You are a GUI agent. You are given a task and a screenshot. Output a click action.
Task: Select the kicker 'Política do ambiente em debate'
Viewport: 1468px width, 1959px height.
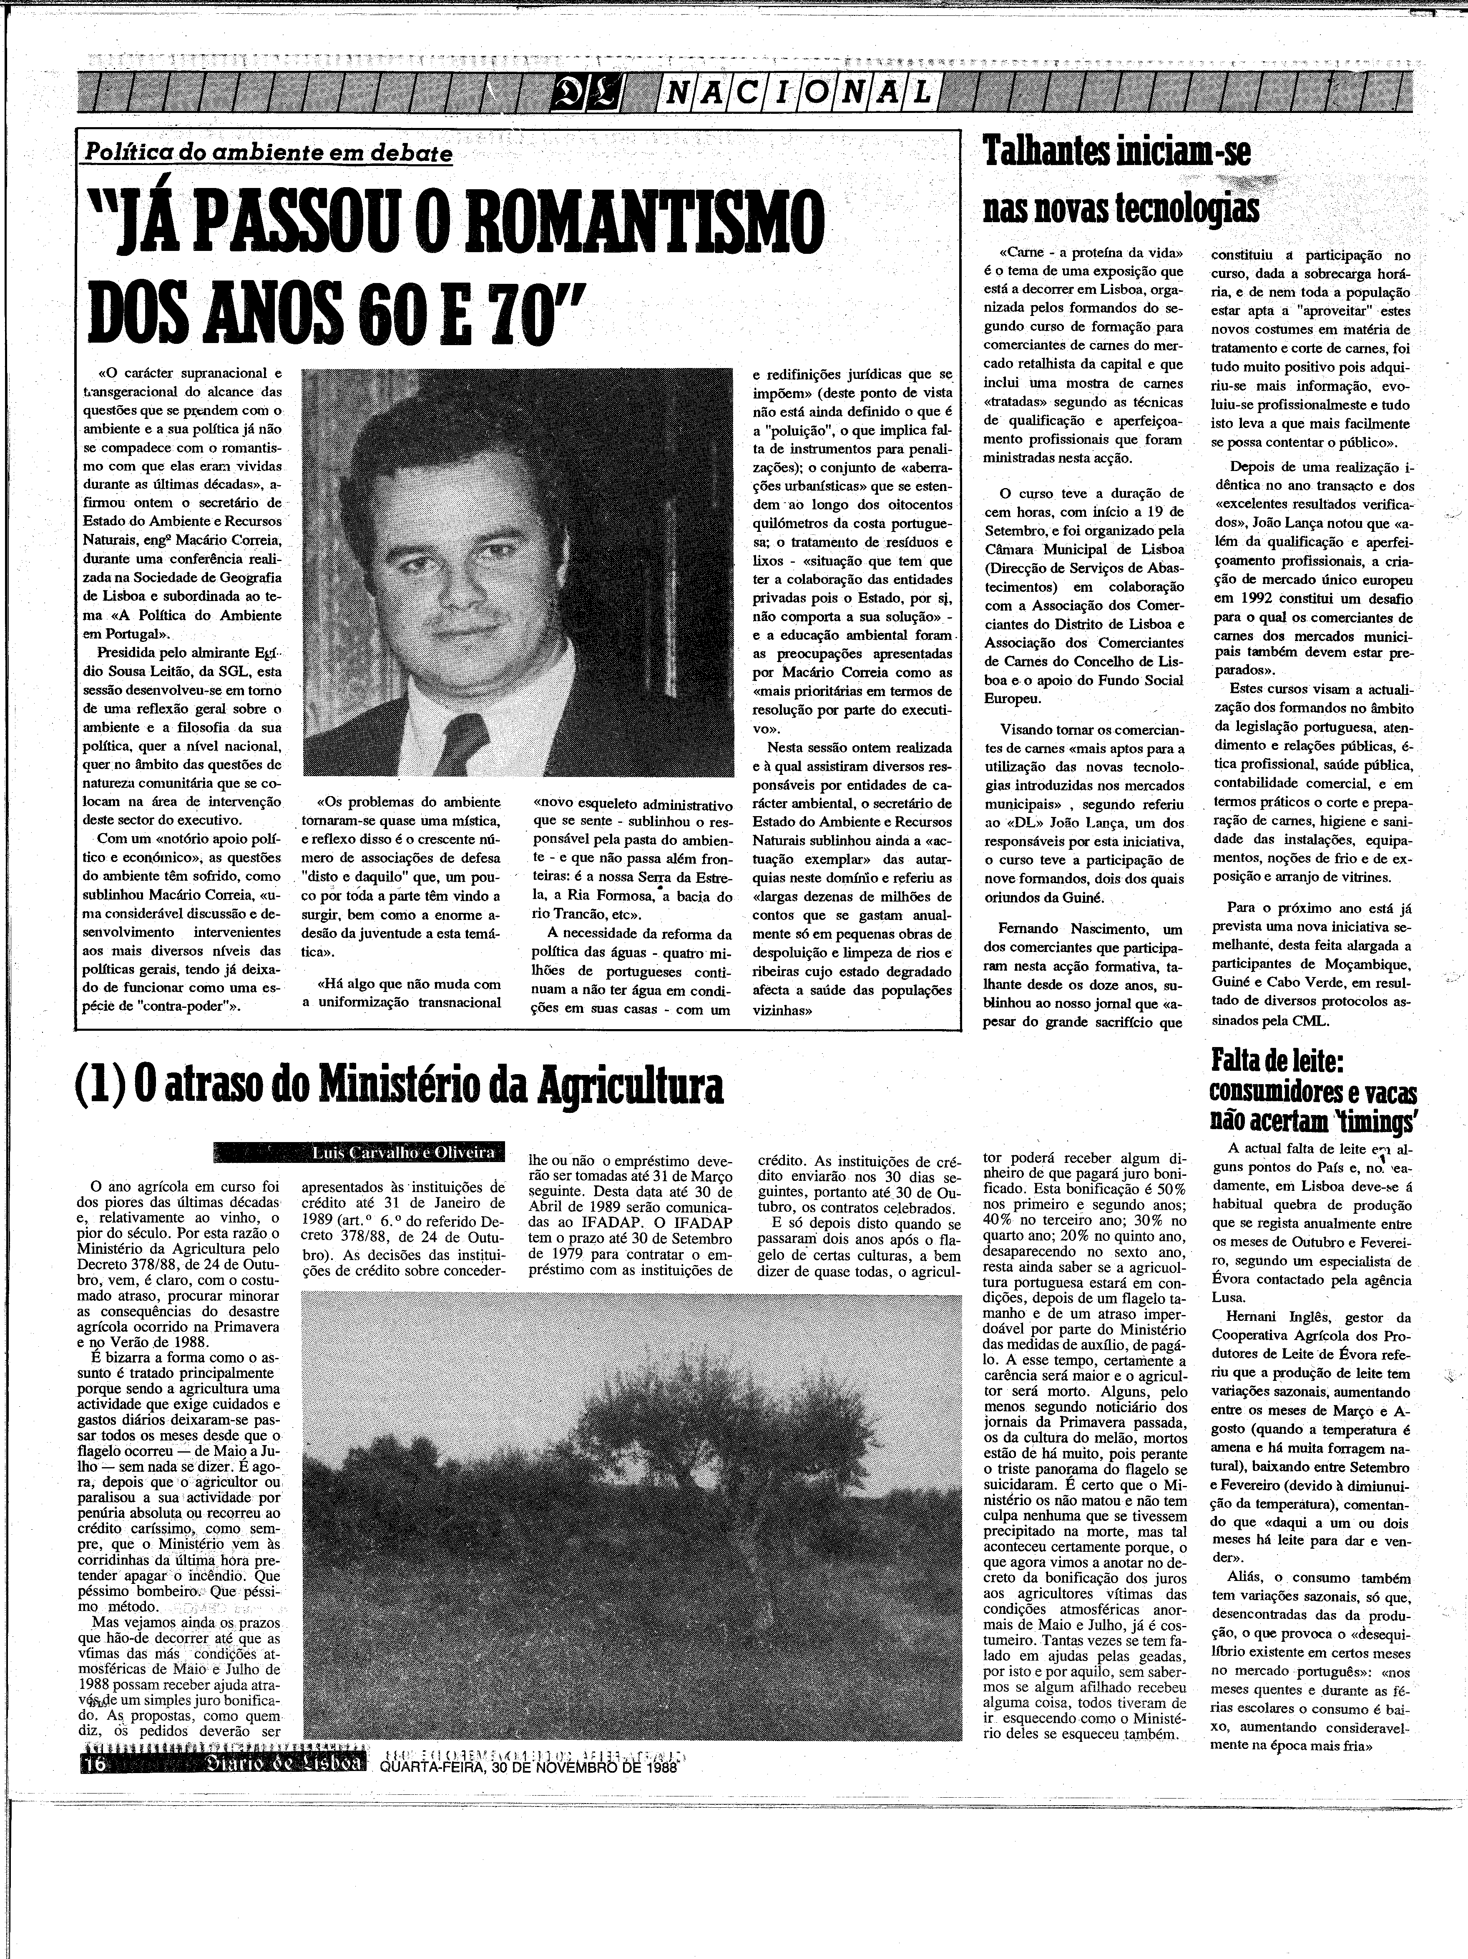pyautogui.click(x=268, y=152)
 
